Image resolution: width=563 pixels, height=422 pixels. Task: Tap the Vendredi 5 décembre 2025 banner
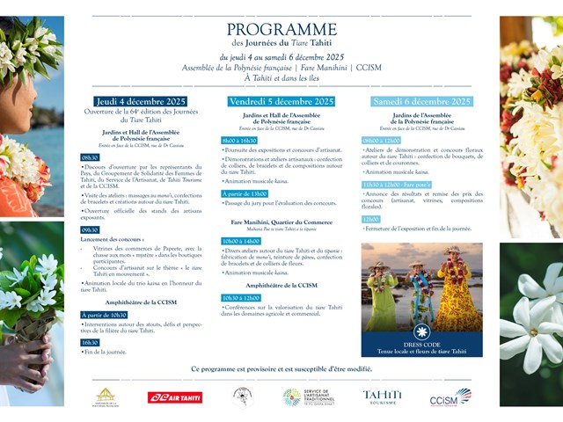[281, 102]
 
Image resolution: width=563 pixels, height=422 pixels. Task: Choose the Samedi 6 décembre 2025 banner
[421, 102]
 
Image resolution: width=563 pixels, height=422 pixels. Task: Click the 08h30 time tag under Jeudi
[91, 157]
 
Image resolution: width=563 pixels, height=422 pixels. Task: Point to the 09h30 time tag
[91, 229]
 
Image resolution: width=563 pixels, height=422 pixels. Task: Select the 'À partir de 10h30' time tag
[105, 314]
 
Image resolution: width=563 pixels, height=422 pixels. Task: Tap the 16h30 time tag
[91, 342]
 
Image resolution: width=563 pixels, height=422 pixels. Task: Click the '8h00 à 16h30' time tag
[239, 140]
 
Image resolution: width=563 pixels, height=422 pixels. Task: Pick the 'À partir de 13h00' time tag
[244, 193]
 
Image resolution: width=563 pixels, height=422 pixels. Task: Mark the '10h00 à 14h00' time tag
[241, 240]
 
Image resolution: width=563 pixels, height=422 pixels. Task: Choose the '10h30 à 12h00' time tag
[241, 298]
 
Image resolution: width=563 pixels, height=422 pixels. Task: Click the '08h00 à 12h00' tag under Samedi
[382, 140]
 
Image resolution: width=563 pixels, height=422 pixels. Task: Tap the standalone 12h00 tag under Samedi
[370, 219]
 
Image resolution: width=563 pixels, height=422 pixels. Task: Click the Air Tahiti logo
[174, 397]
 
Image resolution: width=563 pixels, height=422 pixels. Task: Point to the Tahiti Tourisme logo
[382, 397]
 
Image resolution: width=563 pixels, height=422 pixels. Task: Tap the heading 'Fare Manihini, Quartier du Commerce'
[281, 222]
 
